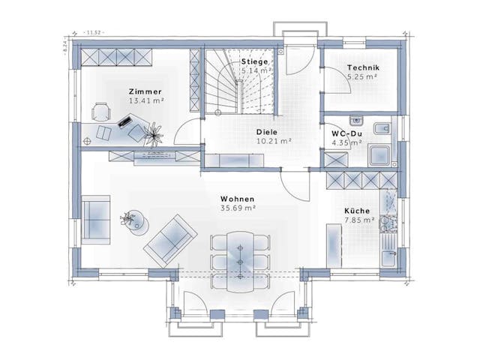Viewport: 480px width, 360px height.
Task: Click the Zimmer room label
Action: click(145, 91)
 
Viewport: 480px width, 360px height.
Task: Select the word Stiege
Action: click(255, 61)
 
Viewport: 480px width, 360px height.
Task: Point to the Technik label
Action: click(362, 67)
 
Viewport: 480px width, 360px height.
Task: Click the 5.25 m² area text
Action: click(362, 76)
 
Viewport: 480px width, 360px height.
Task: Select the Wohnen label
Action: click(238, 199)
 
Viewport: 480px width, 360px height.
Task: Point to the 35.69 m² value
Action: click(238, 208)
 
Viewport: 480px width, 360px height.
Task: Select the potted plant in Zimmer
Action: click(154, 133)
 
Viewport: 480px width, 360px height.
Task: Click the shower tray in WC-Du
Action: click(380, 154)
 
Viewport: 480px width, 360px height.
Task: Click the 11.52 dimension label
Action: click(94, 32)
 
